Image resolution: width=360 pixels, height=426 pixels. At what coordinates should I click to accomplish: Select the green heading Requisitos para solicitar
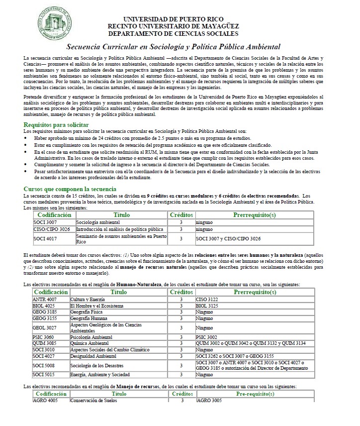pos(56,124)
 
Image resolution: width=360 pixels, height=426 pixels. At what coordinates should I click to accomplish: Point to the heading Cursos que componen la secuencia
pos(70,189)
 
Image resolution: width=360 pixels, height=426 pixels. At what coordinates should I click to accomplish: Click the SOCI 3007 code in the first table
pos(44,221)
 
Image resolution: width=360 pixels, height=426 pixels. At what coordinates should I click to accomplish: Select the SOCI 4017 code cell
pos(44,239)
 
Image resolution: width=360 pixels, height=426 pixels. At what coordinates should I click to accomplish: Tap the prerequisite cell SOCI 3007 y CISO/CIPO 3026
pos(229,239)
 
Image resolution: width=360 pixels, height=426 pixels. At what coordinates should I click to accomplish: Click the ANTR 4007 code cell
pos(45,299)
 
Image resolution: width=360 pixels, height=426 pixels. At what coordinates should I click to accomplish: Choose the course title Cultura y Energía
pos(90,299)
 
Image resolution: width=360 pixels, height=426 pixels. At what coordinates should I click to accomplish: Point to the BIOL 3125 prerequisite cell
pos(207,306)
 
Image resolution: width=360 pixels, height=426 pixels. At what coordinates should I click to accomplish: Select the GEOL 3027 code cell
pos(44,328)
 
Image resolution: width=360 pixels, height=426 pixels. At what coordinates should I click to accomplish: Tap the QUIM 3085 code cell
pos(45,343)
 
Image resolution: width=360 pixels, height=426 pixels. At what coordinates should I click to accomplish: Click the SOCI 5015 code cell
pos(44,374)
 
